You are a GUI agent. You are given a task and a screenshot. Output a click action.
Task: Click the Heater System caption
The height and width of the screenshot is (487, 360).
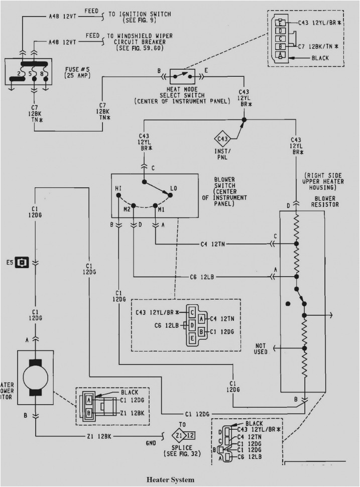pyautogui.click(x=170, y=479)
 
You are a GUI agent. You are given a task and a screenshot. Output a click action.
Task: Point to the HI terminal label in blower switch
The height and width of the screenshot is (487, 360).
pyautogui.click(x=118, y=188)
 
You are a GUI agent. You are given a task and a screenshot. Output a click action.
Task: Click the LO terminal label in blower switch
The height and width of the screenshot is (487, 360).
pyautogui.click(x=173, y=188)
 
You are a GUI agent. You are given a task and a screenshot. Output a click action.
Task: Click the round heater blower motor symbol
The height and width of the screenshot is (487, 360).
pyautogui.click(x=35, y=377)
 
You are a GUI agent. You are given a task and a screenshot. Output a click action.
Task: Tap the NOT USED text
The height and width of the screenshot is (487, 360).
pyautogui.click(x=260, y=349)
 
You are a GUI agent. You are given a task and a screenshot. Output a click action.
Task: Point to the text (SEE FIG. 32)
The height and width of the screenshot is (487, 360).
pyautogui.click(x=181, y=453)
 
